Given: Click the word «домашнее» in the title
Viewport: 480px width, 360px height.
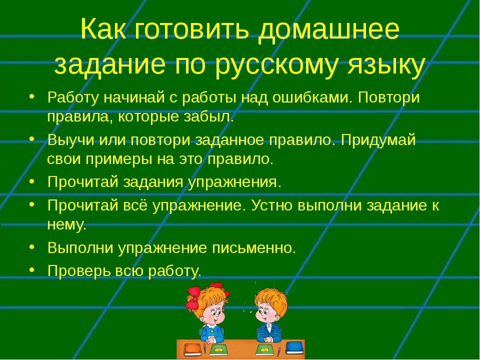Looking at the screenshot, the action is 329,29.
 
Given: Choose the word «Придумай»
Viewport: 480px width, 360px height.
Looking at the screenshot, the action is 378,140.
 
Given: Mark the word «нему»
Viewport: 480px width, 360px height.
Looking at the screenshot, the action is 66,225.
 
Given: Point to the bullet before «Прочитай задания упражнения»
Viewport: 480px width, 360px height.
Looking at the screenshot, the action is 32,181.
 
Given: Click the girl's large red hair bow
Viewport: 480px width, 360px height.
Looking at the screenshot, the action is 192,298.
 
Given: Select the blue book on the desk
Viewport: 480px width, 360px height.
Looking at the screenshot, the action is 294,348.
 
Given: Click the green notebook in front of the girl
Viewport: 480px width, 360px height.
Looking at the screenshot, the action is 219,349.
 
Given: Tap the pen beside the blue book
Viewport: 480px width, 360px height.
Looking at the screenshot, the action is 279,351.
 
